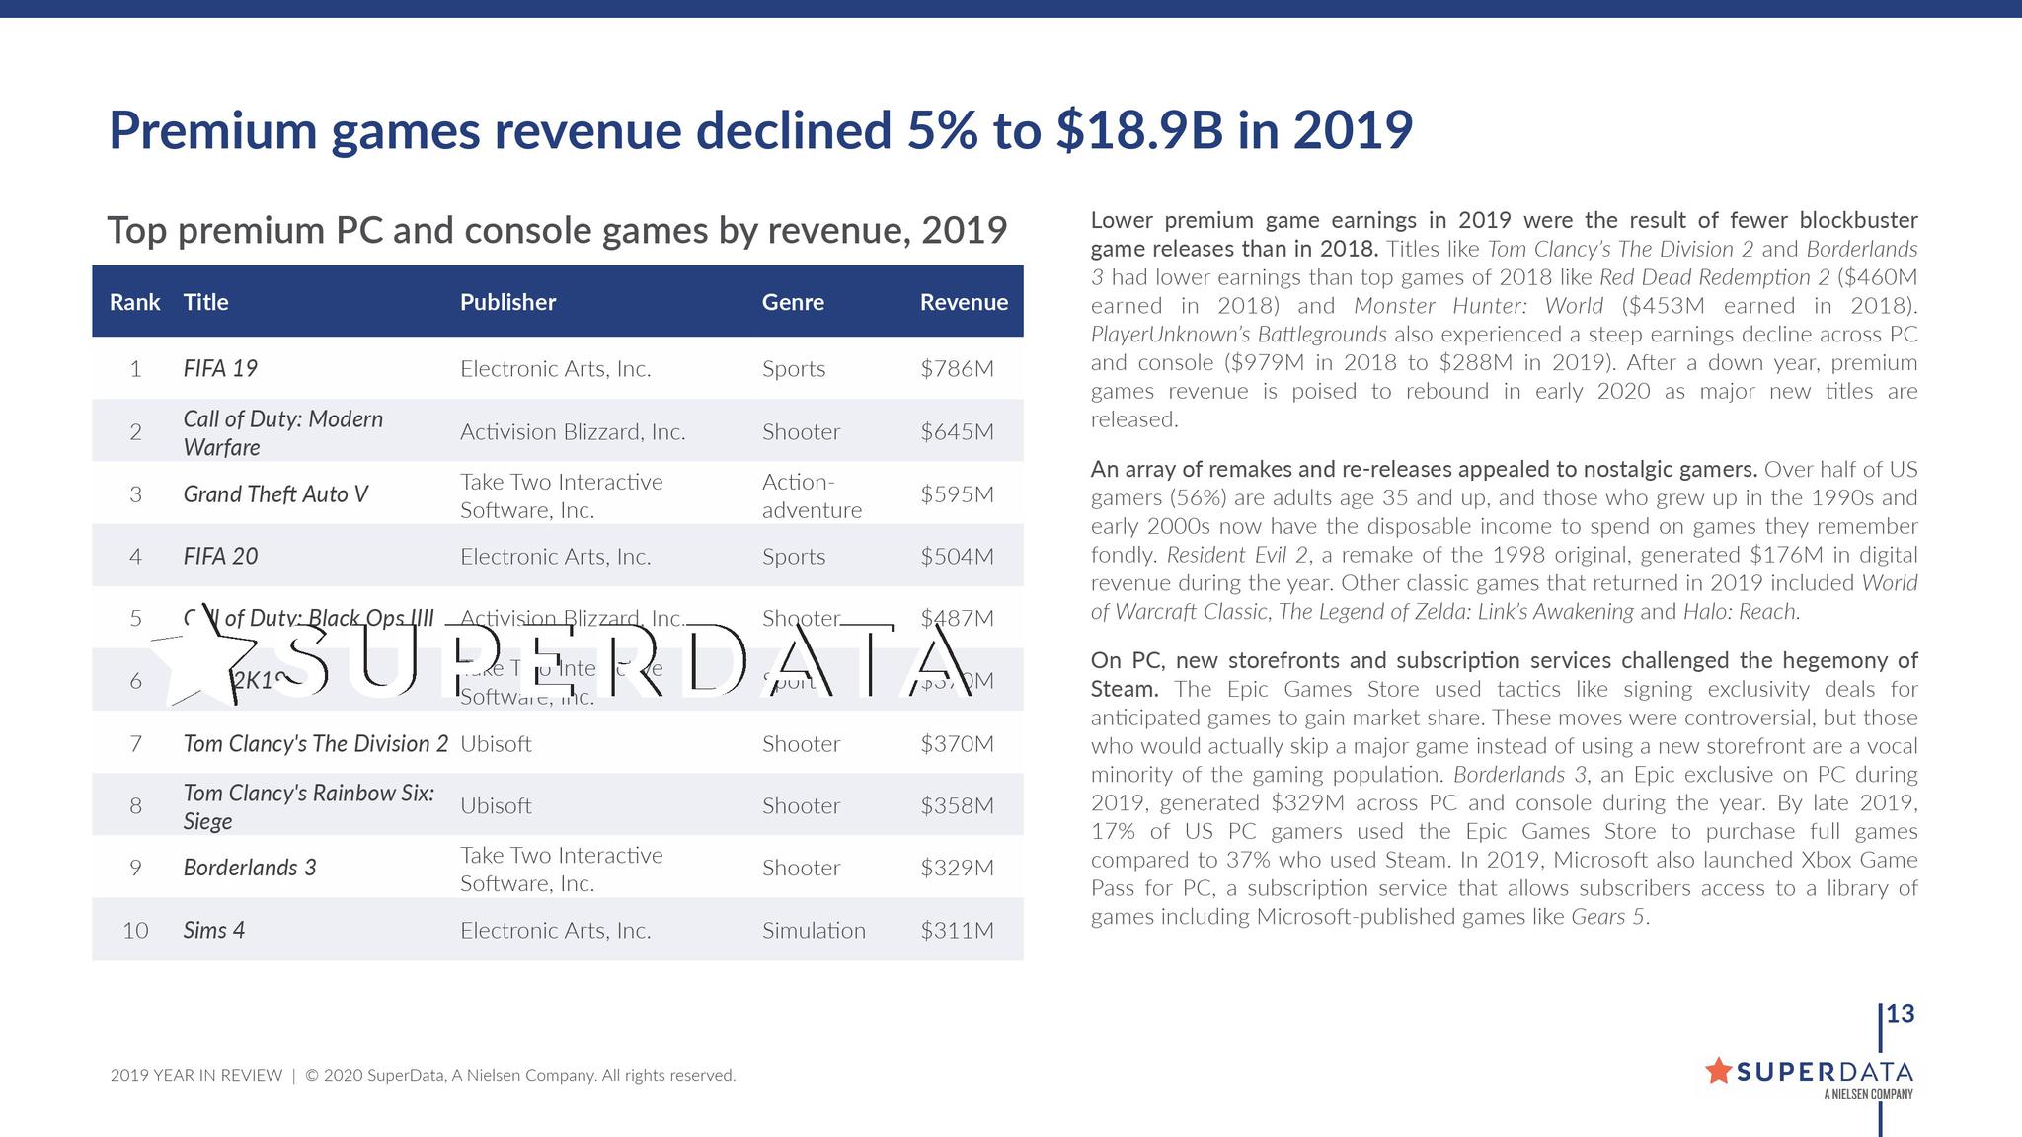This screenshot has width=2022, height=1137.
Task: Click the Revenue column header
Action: click(x=964, y=302)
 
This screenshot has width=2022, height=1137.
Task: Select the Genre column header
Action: click(x=793, y=302)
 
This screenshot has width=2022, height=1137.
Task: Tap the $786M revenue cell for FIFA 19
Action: click(x=957, y=369)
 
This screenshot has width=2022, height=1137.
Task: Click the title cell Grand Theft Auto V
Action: click(x=275, y=494)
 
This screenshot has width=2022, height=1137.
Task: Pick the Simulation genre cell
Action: click(x=814, y=931)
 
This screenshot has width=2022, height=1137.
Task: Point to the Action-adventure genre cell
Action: click(x=812, y=495)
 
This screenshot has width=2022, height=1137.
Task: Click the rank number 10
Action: click(x=135, y=931)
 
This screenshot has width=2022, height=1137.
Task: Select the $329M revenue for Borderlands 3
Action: click(x=957, y=869)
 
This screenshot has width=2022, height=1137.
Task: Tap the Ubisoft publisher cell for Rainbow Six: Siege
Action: click(x=496, y=806)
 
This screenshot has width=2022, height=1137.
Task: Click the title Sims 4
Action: click(x=214, y=931)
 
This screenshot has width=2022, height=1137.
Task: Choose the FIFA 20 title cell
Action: click(x=220, y=557)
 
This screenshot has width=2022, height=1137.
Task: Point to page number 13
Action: click(x=1900, y=1014)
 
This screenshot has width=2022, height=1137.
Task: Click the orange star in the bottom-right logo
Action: click(x=1718, y=1070)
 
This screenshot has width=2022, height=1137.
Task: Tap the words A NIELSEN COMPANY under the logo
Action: click(x=1868, y=1094)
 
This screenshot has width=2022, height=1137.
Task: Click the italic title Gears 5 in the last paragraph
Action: click(x=1607, y=917)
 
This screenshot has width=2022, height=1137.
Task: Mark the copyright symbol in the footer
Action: click(x=311, y=1076)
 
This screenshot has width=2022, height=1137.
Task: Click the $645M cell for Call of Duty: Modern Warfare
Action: click(x=957, y=432)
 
